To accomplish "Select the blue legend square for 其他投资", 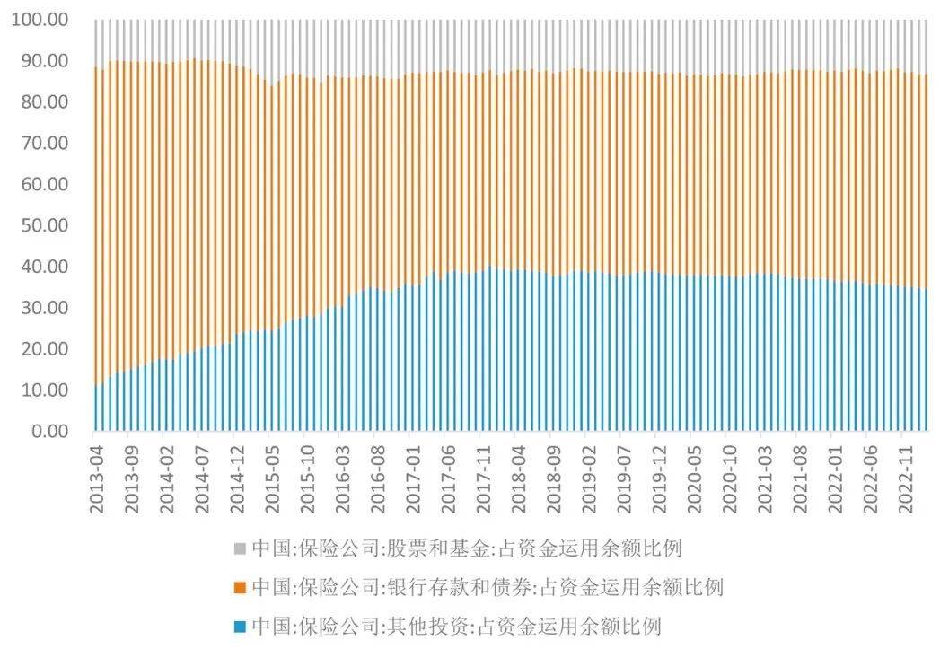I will pyautogui.click(x=239, y=627).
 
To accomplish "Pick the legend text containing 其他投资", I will pyautogui.click(x=457, y=626).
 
